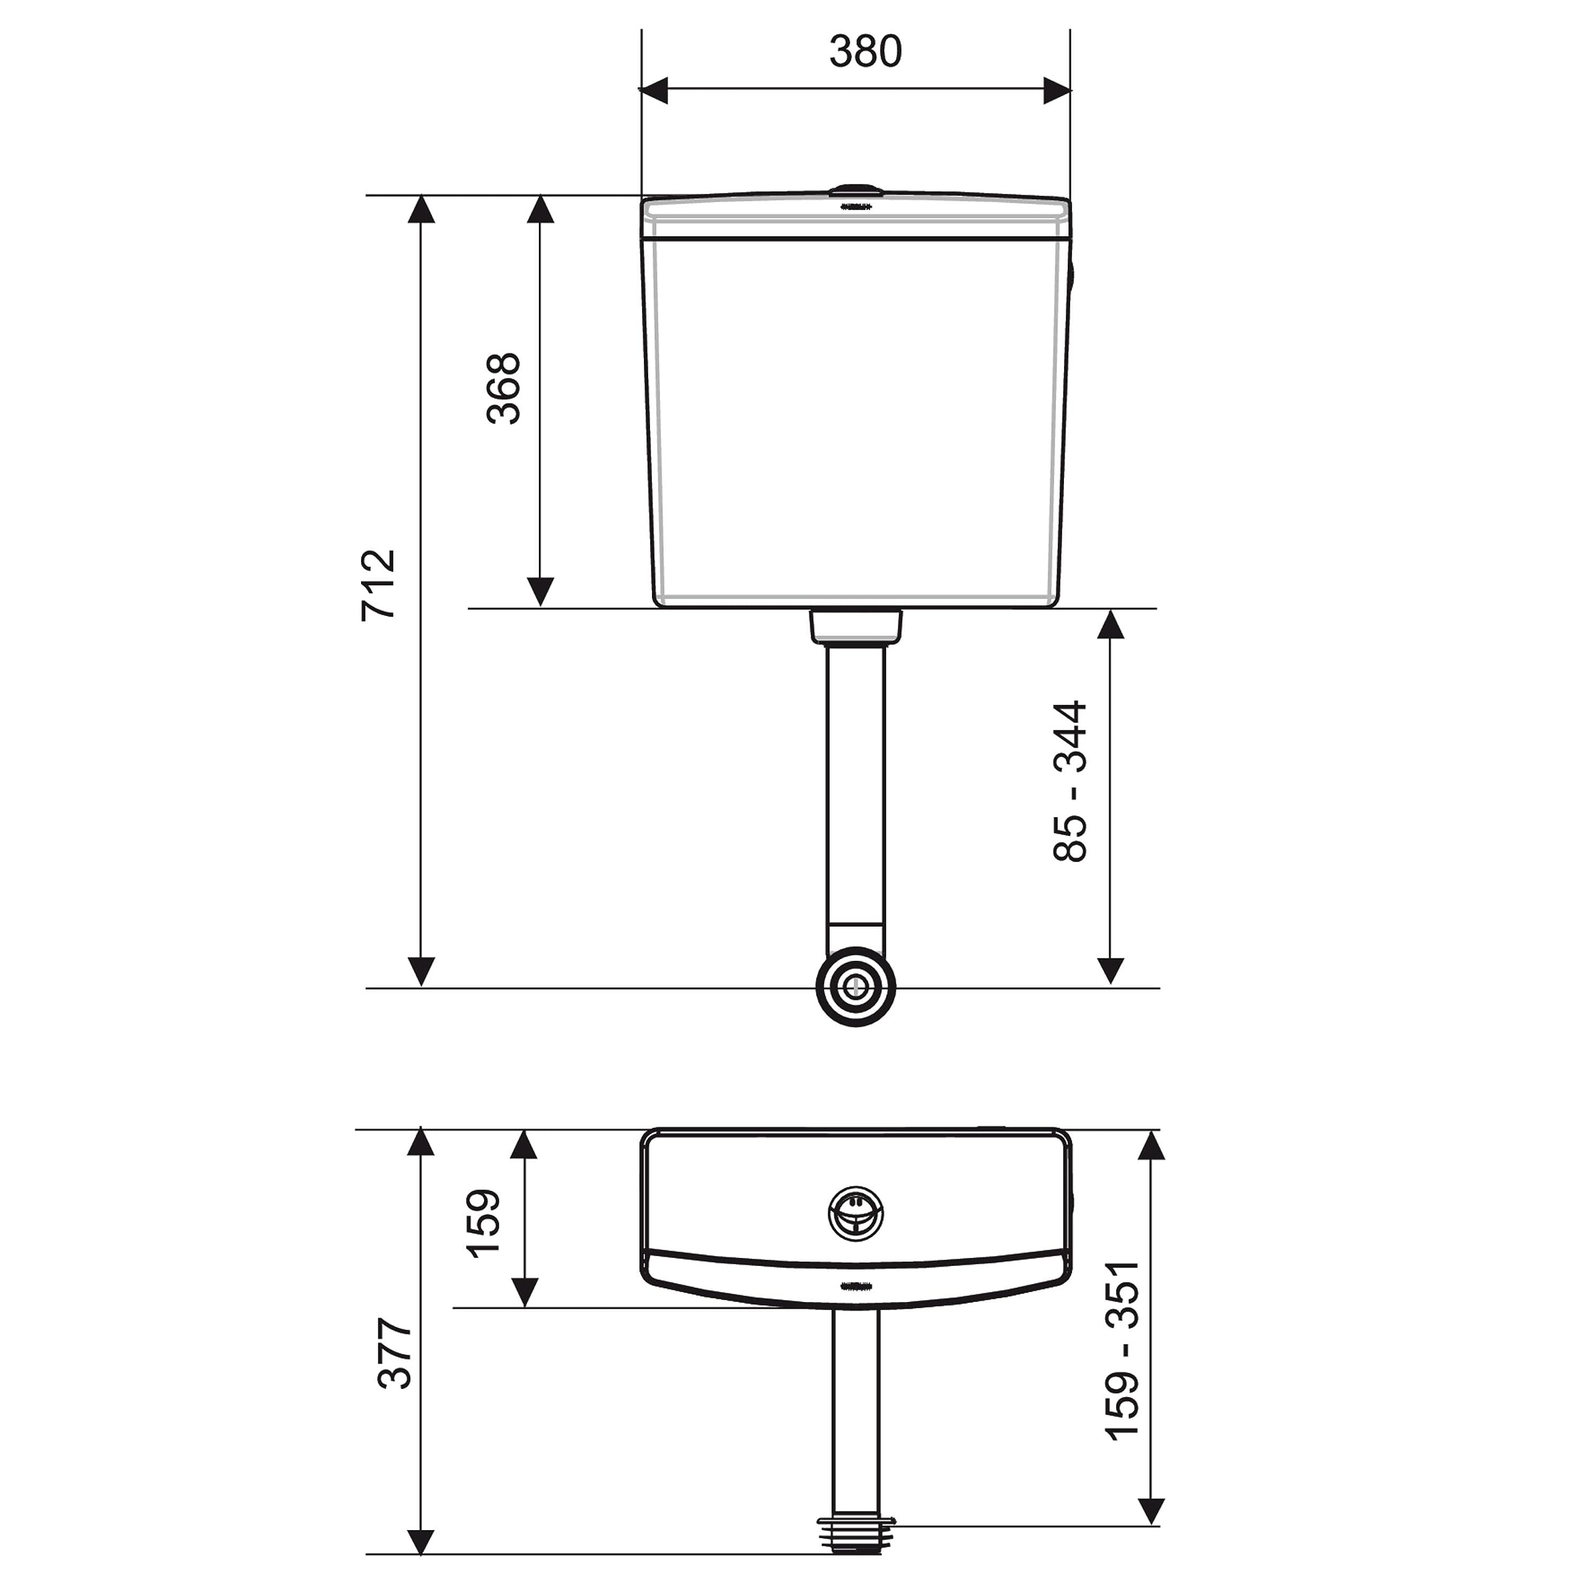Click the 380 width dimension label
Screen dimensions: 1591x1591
(x=866, y=51)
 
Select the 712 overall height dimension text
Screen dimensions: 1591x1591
(x=379, y=585)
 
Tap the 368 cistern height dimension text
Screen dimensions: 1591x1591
(x=503, y=388)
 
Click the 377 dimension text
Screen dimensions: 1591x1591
(x=395, y=1354)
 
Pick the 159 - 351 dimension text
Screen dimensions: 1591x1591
(x=1122, y=1350)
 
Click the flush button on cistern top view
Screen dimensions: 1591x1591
(x=856, y=1214)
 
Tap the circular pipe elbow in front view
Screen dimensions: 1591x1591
(x=856, y=986)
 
